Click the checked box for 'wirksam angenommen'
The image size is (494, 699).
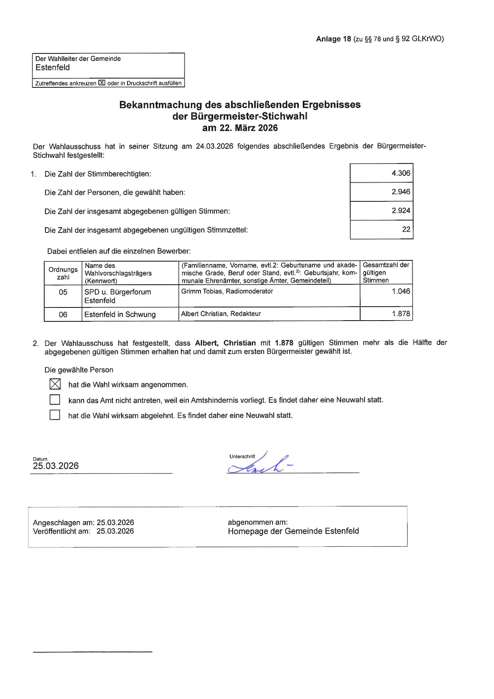pyautogui.click(x=55, y=384)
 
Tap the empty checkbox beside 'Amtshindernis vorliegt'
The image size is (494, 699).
pyautogui.click(x=55, y=400)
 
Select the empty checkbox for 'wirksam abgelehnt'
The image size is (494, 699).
pyautogui.click(x=55, y=415)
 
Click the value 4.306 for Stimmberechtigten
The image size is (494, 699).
pyautogui.click(x=400, y=173)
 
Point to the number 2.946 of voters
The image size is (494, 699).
pyautogui.click(x=400, y=192)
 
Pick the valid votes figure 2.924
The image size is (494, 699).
pyautogui.click(x=400, y=211)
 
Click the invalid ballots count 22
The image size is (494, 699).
pyautogui.click(x=406, y=229)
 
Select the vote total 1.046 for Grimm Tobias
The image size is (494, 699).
pyautogui.click(x=400, y=291)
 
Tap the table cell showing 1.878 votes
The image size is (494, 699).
pyautogui.click(x=400, y=314)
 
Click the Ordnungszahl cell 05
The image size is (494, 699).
pyautogui.click(x=63, y=292)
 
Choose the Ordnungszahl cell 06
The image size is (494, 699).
pyautogui.click(x=63, y=315)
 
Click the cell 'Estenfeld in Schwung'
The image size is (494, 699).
pyautogui.click(x=120, y=315)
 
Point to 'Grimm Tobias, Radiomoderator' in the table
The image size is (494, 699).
pyautogui.click(x=227, y=291)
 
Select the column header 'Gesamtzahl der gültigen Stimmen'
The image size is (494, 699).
pyautogui.click(x=386, y=273)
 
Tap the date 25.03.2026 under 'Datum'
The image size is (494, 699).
pyautogui.click(x=56, y=466)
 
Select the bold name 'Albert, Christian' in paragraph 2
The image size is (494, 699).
pyautogui.click(x=225, y=343)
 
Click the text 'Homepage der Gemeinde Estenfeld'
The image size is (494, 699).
pyautogui.click(x=293, y=531)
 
